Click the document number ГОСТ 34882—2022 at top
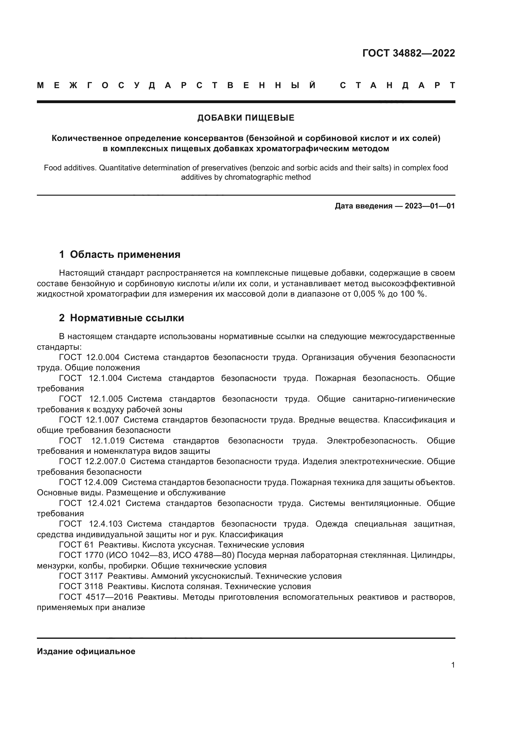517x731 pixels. [x=409, y=53]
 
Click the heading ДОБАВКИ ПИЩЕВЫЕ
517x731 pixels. [x=246, y=118]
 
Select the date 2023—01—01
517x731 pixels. [x=430, y=206]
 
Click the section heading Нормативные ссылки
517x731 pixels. [x=127, y=318]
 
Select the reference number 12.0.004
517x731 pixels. [x=103, y=357]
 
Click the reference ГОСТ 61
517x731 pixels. [x=76, y=545]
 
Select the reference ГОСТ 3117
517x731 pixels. [x=81, y=576]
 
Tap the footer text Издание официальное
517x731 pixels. [x=86, y=651]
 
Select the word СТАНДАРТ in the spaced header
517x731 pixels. [x=397, y=85]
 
